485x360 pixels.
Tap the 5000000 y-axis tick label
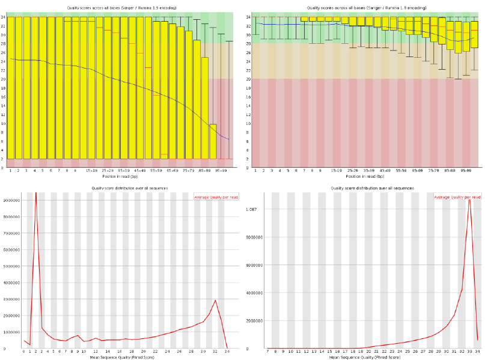click(x=11, y=266)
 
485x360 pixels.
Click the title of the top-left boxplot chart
click(x=121, y=8)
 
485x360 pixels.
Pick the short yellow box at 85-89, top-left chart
click(x=213, y=141)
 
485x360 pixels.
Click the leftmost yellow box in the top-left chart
click(x=11, y=88)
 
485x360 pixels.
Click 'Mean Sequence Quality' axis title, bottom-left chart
click(x=124, y=357)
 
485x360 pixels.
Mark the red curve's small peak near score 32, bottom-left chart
click(x=215, y=300)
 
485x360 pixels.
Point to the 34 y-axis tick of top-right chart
click(x=248, y=17)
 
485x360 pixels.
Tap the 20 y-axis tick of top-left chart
click(x=3, y=79)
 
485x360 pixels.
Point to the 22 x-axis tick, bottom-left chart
click(x=155, y=352)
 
